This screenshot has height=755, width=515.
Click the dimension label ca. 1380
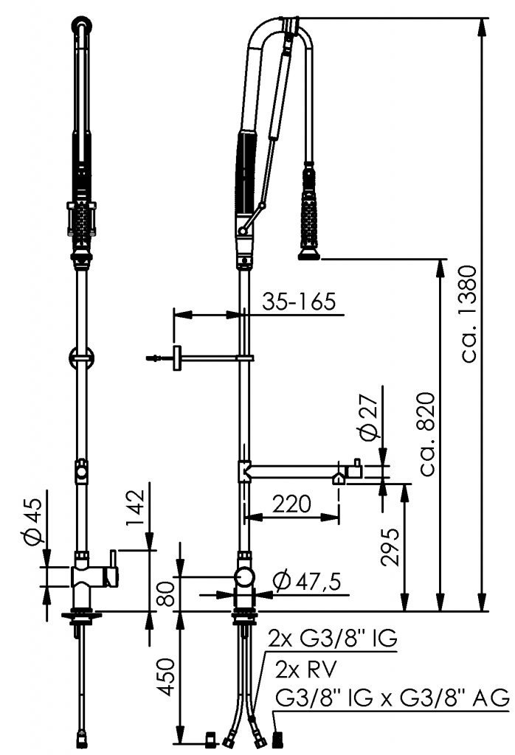pos(469,314)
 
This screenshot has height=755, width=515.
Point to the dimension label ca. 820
pos(427,435)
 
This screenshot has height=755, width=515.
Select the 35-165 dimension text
pos(299,302)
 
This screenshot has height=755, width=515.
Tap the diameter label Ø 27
pos(369,417)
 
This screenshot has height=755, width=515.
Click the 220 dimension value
pos(292,504)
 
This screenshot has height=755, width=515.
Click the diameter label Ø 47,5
pos(307,581)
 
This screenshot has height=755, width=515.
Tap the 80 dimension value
pos(166,595)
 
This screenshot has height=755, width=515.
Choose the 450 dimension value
pos(166,677)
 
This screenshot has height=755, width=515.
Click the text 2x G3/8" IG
pos(333,639)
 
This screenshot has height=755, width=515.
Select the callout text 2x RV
pos(306,669)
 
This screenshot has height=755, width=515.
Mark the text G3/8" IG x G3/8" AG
pos(392,697)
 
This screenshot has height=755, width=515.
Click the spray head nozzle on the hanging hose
pos(309,254)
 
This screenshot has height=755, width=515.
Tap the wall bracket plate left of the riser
pos(177,358)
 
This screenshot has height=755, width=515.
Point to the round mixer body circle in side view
pos(245,577)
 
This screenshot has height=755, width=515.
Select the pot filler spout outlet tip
pos(339,478)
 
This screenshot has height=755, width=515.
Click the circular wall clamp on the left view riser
pos(81,358)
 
